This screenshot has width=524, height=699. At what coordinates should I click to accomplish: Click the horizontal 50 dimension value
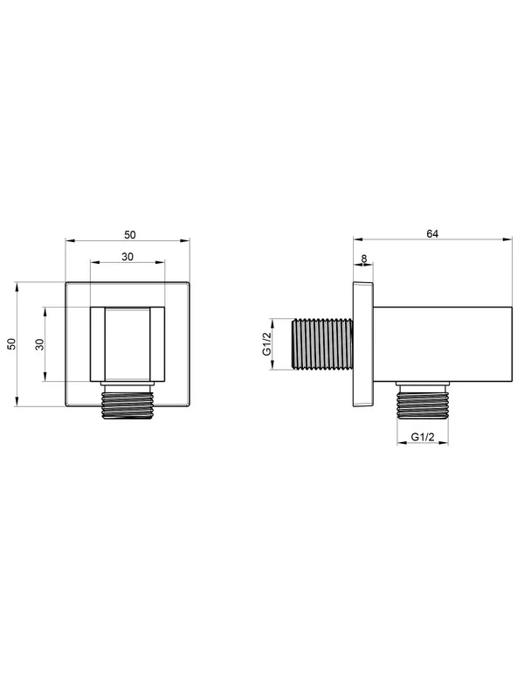(129, 234)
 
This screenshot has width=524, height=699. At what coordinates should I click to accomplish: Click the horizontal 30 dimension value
(128, 257)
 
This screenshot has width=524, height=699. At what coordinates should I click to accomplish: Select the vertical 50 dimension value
(11, 343)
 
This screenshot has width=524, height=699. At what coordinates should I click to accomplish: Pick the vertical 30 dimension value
(40, 344)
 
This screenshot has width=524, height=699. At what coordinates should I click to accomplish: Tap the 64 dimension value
(432, 233)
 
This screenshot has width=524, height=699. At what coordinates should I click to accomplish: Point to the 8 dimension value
(364, 258)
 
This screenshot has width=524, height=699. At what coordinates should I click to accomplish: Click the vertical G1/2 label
(266, 343)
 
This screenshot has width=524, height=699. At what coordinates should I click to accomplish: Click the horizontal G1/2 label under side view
(423, 437)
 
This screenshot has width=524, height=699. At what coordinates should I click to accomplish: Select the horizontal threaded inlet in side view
(321, 343)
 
